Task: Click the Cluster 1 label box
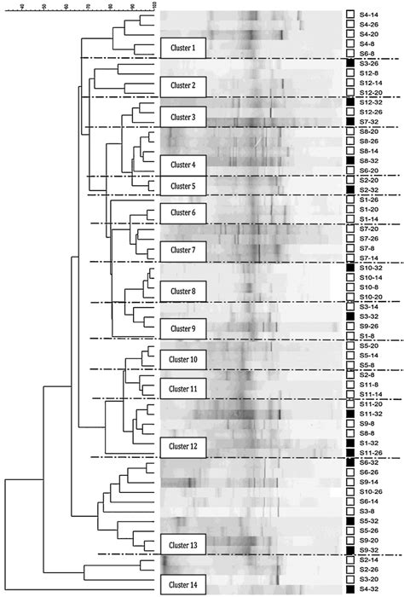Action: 182,48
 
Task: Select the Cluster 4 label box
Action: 182,164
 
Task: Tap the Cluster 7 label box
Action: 182,250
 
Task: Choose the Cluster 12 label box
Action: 182,445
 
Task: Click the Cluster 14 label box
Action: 182,584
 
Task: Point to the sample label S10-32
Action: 372,268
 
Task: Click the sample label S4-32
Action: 371,588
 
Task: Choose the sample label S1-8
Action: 369,336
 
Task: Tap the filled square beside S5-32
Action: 350,520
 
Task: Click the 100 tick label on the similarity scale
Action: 153,6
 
